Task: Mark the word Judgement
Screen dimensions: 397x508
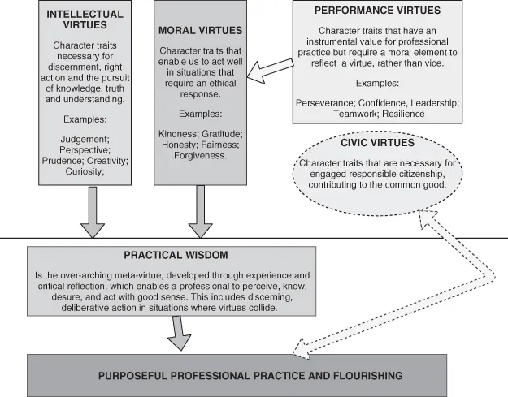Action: click(80, 139)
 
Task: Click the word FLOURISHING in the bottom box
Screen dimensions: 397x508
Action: click(360, 376)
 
